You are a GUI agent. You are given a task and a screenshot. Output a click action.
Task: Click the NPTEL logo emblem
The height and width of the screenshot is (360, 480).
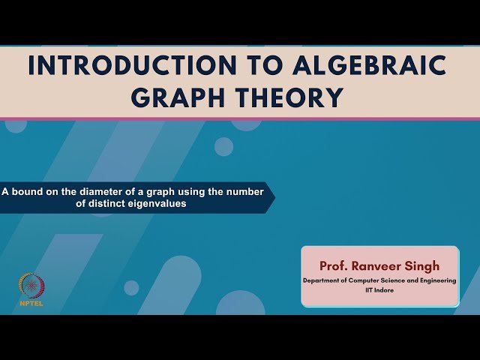click(31, 286)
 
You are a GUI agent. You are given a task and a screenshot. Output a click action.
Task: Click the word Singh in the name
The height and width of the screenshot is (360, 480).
click(424, 265)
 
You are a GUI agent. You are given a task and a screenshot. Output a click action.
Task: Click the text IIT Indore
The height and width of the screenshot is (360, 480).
click(379, 289)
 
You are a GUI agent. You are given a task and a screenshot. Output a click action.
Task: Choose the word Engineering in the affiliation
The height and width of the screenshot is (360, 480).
click(435, 280)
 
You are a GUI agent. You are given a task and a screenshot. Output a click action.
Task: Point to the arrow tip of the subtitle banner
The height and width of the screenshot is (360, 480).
click(274, 197)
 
